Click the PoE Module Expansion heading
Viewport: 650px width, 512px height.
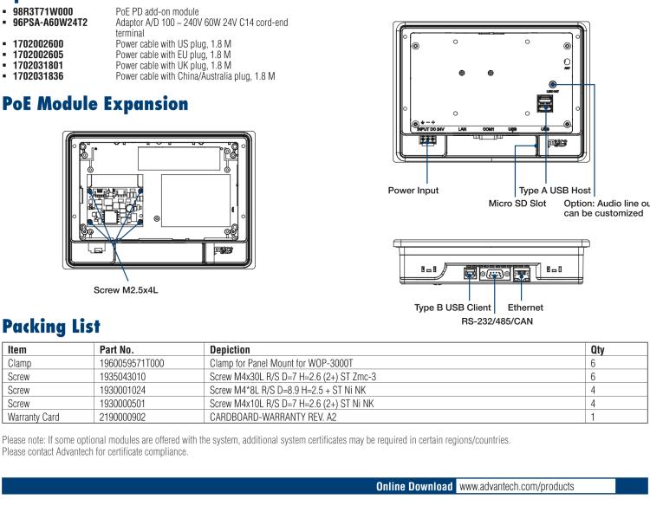(x=94, y=104)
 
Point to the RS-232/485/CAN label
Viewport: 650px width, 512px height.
(x=493, y=319)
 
